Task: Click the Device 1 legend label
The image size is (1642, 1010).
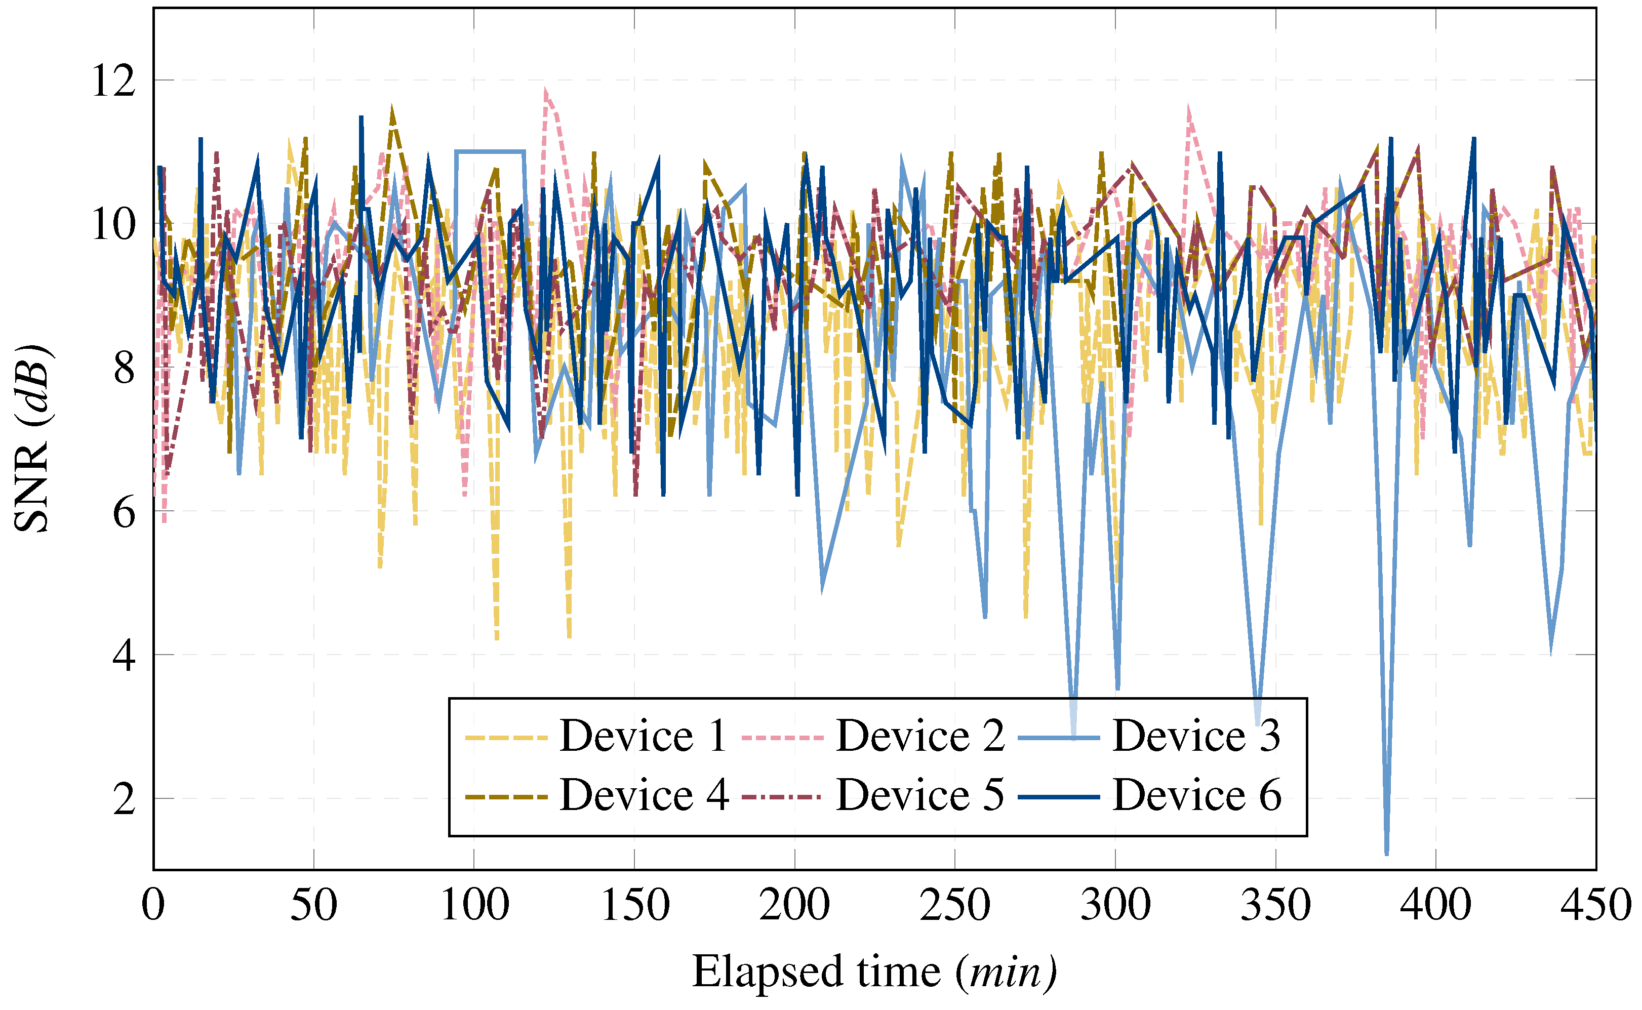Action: [x=643, y=736]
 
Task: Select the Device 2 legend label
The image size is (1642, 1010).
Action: [x=920, y=736]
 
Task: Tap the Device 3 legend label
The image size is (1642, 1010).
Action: [x=1196, y=736]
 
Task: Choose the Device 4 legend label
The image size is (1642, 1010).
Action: [x=643, y=795]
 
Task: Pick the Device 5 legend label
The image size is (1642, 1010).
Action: [x=920, y=795]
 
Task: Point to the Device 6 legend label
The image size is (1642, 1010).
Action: [x=1196, y=795]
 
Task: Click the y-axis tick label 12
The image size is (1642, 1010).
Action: [x=113, y=81]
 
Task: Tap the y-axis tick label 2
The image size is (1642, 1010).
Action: [x=124, y=798]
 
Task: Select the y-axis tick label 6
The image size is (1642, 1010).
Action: [x=124, y=512]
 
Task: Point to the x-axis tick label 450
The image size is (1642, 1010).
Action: [x=1595, y=906]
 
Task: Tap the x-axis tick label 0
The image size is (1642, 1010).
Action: [x=153, y=906]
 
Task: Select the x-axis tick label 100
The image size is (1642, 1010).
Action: [x=474, y=906]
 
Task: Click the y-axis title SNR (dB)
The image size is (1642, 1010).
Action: [x=31, y=438]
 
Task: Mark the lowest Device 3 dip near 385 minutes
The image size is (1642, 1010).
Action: [x=1387, y=853]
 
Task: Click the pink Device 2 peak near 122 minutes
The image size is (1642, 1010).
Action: [x=546, y=91]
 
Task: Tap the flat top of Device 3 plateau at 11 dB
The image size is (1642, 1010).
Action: [x=490, y=152]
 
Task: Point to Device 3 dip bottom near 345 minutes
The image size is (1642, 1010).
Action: [x=1258, y=723]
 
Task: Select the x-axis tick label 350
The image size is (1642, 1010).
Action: [x=1275, y=906]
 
